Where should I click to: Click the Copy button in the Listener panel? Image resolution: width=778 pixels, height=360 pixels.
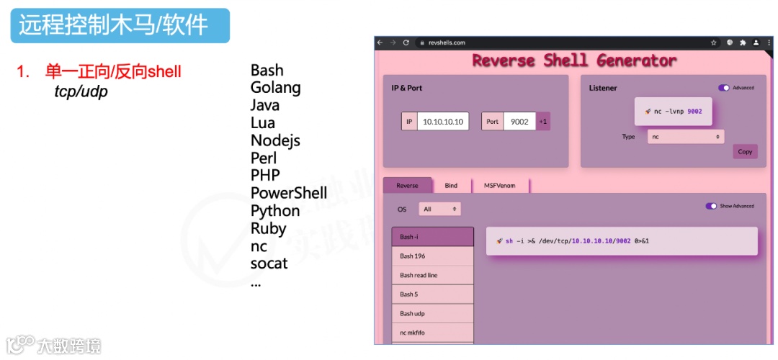[x=745, y=152]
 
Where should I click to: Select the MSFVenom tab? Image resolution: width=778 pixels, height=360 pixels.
[x=501, y=186]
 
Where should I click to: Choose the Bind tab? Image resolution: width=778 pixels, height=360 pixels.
[x=451, y=186]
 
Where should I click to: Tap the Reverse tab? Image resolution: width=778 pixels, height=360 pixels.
[x=407, y=186]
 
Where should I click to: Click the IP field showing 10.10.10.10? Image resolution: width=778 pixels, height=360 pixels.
[x=443, y=122]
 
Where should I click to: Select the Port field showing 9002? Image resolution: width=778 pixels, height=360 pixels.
[x=519, y=122]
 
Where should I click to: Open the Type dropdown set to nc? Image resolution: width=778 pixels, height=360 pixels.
[x=685, y=136]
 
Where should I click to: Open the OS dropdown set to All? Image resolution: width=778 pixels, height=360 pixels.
[x=439, y=210]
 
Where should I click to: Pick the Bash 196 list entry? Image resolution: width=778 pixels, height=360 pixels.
[x=432, y=256]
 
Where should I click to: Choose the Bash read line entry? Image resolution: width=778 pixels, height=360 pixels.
[x=432, y=275]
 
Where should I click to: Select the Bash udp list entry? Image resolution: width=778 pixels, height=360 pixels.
[x=432, y=314]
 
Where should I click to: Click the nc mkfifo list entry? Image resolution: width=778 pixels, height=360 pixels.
[x=432, y=333]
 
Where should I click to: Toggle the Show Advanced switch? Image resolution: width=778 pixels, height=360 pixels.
[x=712, y=206]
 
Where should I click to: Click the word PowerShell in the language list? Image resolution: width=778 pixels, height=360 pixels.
[x=288, y=193]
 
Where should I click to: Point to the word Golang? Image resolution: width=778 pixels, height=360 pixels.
[x=275, y=88]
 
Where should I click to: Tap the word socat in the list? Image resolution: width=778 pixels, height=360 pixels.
[x=269, y=264]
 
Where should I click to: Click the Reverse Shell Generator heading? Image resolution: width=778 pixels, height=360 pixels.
[x=574, y=60]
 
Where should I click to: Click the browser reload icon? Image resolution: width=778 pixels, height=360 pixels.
[x=406, y=43]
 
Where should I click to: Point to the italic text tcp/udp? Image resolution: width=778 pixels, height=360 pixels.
[x=81, y=92]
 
